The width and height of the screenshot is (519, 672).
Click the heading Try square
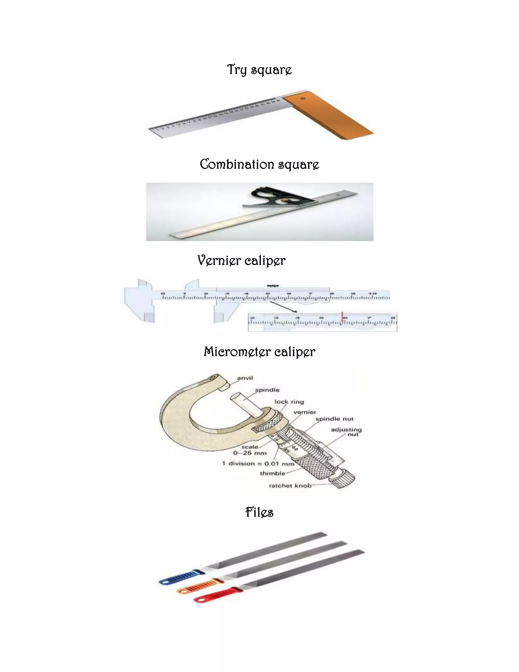pos(259,70)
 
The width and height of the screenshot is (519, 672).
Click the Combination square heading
pos(259,164)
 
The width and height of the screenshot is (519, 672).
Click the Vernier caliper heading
pos(241,261)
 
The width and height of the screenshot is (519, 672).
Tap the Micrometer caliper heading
pos(259,352)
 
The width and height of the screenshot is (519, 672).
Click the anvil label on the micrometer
pos(245,378)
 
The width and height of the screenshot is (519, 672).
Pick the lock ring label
pos(289,402)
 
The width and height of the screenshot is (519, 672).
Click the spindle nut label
pos(335,419)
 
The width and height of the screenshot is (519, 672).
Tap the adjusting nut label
pos(346,432)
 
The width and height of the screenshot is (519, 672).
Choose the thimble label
pos(272,473)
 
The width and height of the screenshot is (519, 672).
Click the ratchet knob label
pos(290,486)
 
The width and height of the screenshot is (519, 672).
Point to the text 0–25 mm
pos(250,453)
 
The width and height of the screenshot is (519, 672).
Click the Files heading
pos(259,512)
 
